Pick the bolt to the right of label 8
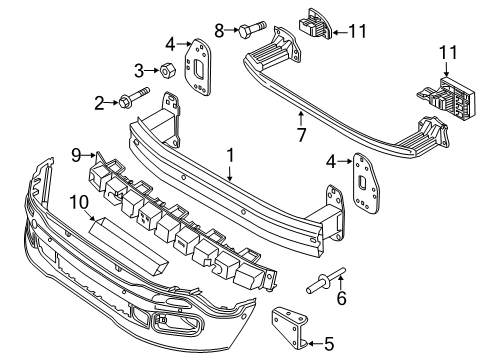pyautogui.click(x=248, y=31)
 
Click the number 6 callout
pyautogui.click(x=342, y=298)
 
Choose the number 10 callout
pyautogui.click(x=77, y=203)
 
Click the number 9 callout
pyautogui.click(x=74, y=153)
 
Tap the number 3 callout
pyautogui.click(x=141, y=69)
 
